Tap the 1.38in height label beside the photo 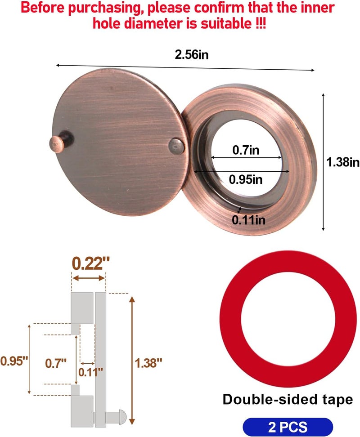pyautogui.click(x=342, y=162)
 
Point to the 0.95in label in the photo pyautogui.click(x=246, y=179)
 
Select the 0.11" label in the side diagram pyautogui.click(x=90, y=371)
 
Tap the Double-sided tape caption pyautogui.click(x=288, y=399)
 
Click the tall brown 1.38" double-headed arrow pyautogui.click(x=131, y=360)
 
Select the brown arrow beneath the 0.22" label pyautogui.click(x=89, y=279)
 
